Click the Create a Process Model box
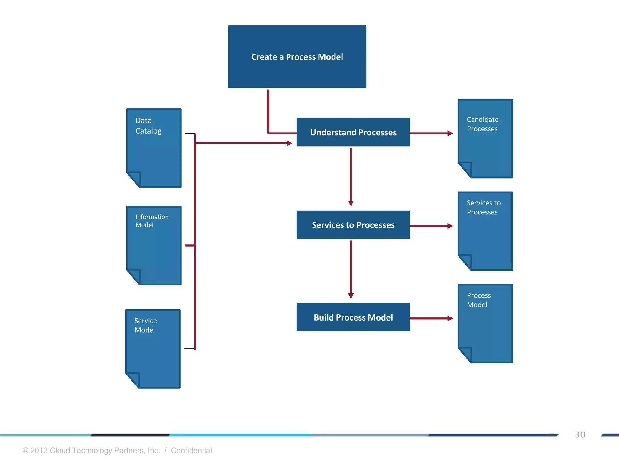point(297,57)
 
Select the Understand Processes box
point(353,132)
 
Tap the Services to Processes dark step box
point(353,225)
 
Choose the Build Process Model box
point(353,317)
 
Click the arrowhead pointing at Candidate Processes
point(450,133)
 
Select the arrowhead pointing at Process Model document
point(450,318)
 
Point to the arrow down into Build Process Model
point(351,269)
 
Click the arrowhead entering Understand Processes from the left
point(289,143)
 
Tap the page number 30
point(580,434)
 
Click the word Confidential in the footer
point(191,450)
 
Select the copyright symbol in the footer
point(25,450)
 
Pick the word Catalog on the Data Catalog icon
point(148,131)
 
